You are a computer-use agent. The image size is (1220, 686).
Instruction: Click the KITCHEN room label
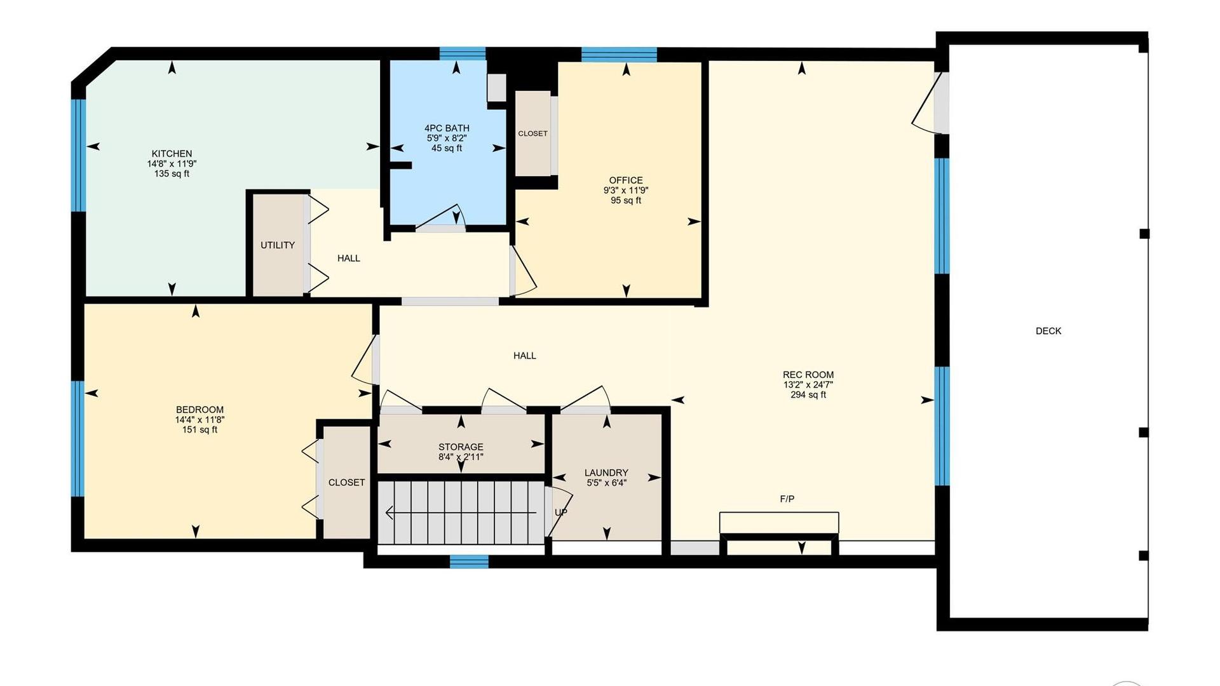[172, 154]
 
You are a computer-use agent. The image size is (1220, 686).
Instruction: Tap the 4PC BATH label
[447, 128]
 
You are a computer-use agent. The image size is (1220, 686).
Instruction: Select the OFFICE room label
[626, 180]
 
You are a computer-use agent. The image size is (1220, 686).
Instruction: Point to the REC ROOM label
[808, 375]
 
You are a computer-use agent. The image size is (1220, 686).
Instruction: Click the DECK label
[1048, 331]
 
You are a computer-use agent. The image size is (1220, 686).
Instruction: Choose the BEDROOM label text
[200, 410]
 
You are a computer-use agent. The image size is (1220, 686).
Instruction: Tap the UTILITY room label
[278, 245]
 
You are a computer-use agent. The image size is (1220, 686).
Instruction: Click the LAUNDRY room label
[606, 473]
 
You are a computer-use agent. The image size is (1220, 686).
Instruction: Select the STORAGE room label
[461, 447]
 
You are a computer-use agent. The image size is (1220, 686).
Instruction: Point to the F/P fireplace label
[787, 499]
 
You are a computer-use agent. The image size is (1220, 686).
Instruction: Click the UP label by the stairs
[561, 513]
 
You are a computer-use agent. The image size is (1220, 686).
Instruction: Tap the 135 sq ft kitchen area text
[172, 174]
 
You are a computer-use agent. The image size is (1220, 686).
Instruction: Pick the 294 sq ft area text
[808, 395]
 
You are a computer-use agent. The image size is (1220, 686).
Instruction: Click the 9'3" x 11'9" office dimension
[626, 191]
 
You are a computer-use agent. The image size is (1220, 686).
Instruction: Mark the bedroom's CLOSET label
[346, 483]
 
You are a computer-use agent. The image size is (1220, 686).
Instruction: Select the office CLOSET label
[532, 134]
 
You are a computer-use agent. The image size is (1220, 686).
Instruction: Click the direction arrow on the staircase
[461, 513]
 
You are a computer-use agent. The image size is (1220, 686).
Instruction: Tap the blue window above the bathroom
[463, 53]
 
